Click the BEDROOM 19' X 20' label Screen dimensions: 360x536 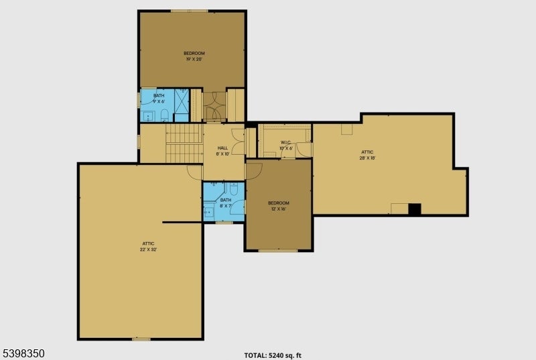(x=194, y=56)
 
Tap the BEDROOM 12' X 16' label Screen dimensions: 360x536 (x=279, y=206)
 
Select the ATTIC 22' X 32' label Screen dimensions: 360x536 (x=149, y=246)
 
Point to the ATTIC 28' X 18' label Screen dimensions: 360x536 (x=367, y=155)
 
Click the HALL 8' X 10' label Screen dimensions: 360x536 (x=222, y=151)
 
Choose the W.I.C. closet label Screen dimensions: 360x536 (x=285, y=145)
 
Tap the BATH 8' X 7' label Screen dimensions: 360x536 (x=226, y=202)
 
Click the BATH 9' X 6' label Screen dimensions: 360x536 (x=159, y=99)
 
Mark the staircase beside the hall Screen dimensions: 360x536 (x=184, y=143)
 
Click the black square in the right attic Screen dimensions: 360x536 (x=415, y=209)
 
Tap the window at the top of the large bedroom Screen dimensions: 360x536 (x=189, y=11)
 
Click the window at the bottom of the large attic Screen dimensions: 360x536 (x=141, y=339)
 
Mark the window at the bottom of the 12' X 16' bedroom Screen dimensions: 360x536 (x=277, y=251)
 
